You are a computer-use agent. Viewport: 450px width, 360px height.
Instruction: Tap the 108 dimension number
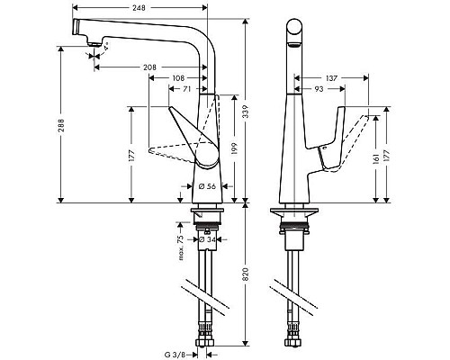click(x=179, y=78)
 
